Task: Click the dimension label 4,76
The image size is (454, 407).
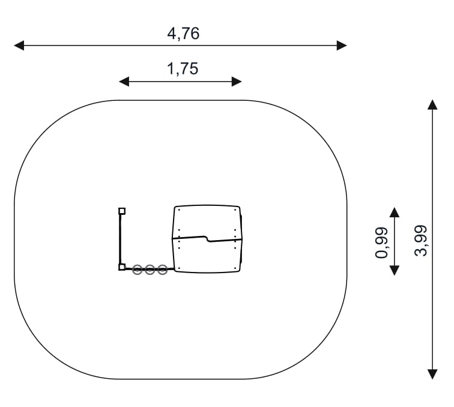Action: pos(183,34)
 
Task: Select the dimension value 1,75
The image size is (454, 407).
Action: pos(183,69)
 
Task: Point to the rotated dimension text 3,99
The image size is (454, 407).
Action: pos(421,241)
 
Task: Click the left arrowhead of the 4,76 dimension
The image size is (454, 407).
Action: pos(19,46)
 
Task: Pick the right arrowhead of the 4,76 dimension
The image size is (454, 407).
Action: pos(342,46)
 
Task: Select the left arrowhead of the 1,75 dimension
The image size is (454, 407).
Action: pos(124,82)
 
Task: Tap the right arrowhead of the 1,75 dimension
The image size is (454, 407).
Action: pos(237,82)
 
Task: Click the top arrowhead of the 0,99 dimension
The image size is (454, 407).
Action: pos(395,212)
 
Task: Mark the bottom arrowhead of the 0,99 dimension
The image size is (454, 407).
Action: pos(395,270)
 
